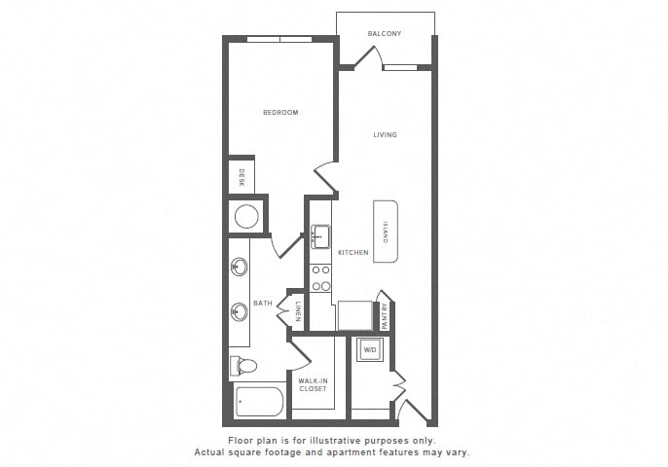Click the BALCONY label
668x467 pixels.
pyautogui.click(x=385, y=34)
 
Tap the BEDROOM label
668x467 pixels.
pyautogui.click(x=280, y=113)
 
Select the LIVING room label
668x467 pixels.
pyautogui.click(x=385, y=134)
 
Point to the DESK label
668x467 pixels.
pyautogui.click(x=241, y=177)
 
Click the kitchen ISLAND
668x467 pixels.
pyautogui.click(x=386, y=232)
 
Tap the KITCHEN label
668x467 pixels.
pyautogui.click(x=353, y=252)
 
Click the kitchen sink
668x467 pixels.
pyautogui.click(x=320, y=236)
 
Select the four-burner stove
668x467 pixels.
pyautogui.click(x=320, y=278)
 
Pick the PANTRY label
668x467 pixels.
pyautogui.click(x=386, y=316)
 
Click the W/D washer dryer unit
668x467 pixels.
pyautogui.click(x=369, y=350)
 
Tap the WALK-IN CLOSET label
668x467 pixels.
pyautogui.click(x=313, y=385)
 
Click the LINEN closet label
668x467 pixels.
pyautogui.click(x=298, y=311)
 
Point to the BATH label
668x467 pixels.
pyautogui.click(x=263, y=304)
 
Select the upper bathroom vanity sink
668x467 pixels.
pyautogui.click(x=239, y=267)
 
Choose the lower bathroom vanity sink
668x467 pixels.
pyautogui.click(x=239, y=312)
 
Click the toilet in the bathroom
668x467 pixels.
pyautogui.click(x=243, y=365)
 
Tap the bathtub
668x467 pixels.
pyautogui.click(x=259, y=402)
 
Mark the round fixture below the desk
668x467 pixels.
pyautogui.click(x=246, y=216)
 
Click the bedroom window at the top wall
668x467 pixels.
pyautogui.click(x=279, y=40)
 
